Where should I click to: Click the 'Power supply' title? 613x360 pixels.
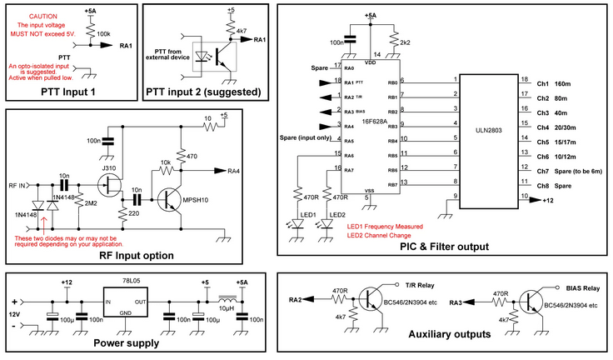pos(126,342)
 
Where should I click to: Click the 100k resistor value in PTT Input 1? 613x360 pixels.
pos(106,32)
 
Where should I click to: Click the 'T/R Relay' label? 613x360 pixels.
pos(420,284)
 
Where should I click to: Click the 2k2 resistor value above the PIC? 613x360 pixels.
pos(406,41)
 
